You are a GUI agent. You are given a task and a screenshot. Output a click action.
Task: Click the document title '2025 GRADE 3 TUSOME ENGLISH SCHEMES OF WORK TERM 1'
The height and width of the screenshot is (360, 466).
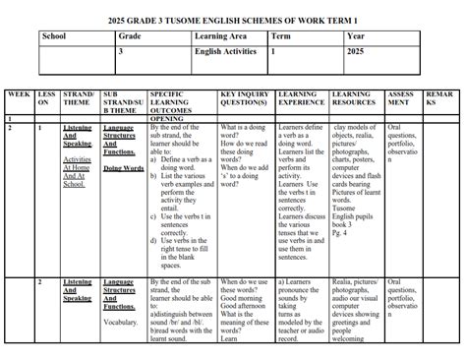pyautogui.click(x=233, y=18)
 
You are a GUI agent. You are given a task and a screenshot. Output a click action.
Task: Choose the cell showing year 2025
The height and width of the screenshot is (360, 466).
pyautogui.click(x=357, y=51)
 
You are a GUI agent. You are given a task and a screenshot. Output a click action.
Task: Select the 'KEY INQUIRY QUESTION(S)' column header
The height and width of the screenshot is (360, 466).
pyautogui.click(x=246, y=101)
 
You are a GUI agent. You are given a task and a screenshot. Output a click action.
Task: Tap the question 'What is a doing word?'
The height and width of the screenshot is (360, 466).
pyautogui.click(x=242, y=132)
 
